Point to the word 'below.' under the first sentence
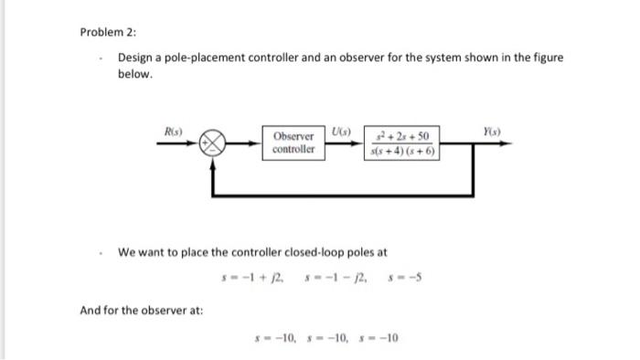pyautogui.click(x=134, y=74)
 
